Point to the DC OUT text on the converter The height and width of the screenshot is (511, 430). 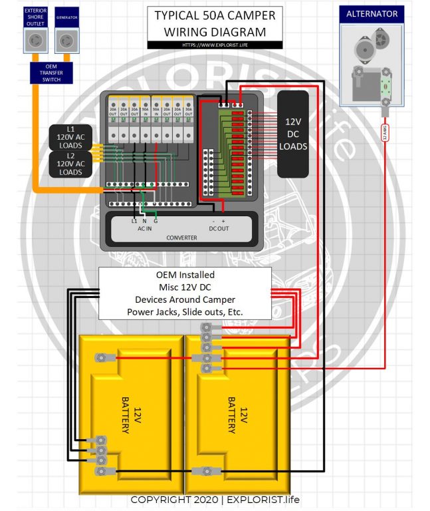coord(218,228)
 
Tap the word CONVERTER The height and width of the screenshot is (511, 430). coord(181,238)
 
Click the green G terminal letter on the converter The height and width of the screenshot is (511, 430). coord(156,220)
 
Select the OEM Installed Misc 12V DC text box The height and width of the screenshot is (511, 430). coord(185,293)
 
